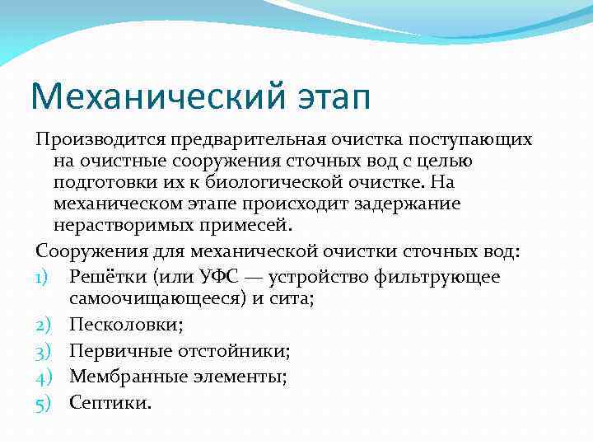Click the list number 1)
click(x=45, y=277)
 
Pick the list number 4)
click(x=45, y=377)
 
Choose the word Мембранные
click(x=124, y=377)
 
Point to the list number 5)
click(x=45, y=404)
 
